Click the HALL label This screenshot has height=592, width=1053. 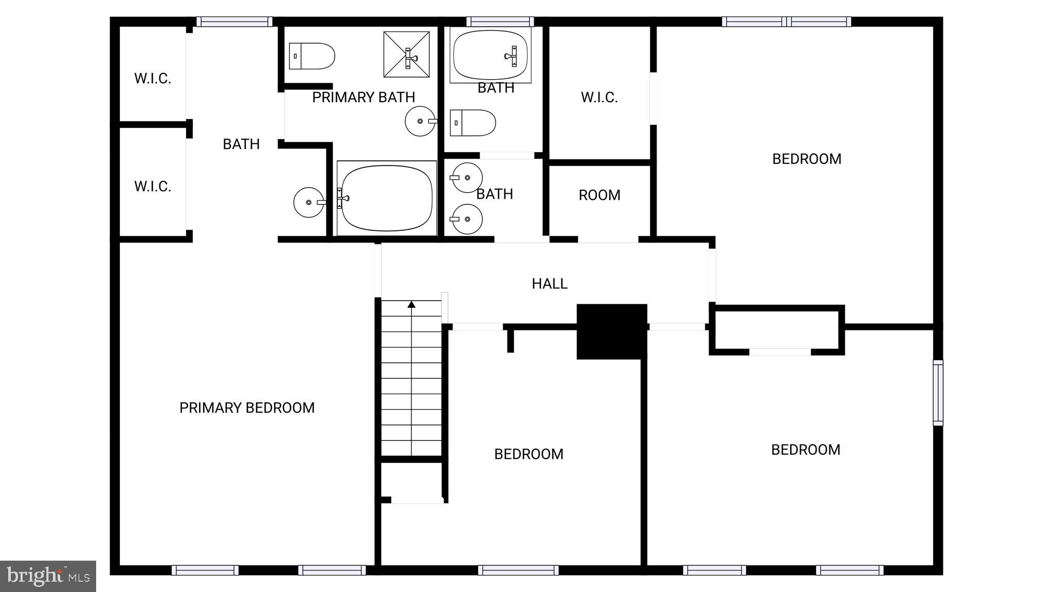pyautogui.click(x=549, y=284)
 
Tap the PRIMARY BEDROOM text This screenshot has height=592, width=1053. pyautogui.click(x=247, y=408)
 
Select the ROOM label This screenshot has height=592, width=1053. pyautogui.click(x=599, y=195)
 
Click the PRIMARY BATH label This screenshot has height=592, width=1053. pyautogui.click(x=364, y=97)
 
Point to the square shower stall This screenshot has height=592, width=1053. pyautogui.click(x=406, y=54)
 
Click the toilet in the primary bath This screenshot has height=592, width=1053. pyautogui.click(x=312, y=56)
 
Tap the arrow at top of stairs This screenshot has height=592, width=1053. pyautogui.click(x=411, y=305)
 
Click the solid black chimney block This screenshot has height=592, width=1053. pyautogui.click(x=611, y=331)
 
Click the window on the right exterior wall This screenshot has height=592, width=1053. pyautogui.click(x=938, y=393)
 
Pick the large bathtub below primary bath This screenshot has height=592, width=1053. pyautogui.click(x=387, y=198)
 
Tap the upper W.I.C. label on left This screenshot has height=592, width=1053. pyautogui.click(x=152, y=79)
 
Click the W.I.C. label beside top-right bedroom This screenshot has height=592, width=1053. pyautogui.click(x=599, y=97)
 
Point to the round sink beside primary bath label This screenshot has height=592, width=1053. pyautogui.click(x=421, y=121)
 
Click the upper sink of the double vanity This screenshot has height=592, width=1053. pyautogui.click(x=467, y=177)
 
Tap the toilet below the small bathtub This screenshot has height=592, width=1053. pyautogui.click(x=473, y=123)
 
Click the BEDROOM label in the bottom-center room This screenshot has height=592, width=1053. pyautogui.click(x=529, y=454)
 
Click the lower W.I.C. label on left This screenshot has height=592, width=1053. pyautogui.click(x=152, y=187)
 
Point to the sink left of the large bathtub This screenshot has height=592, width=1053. pyautogui.click(x=309, y=202)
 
